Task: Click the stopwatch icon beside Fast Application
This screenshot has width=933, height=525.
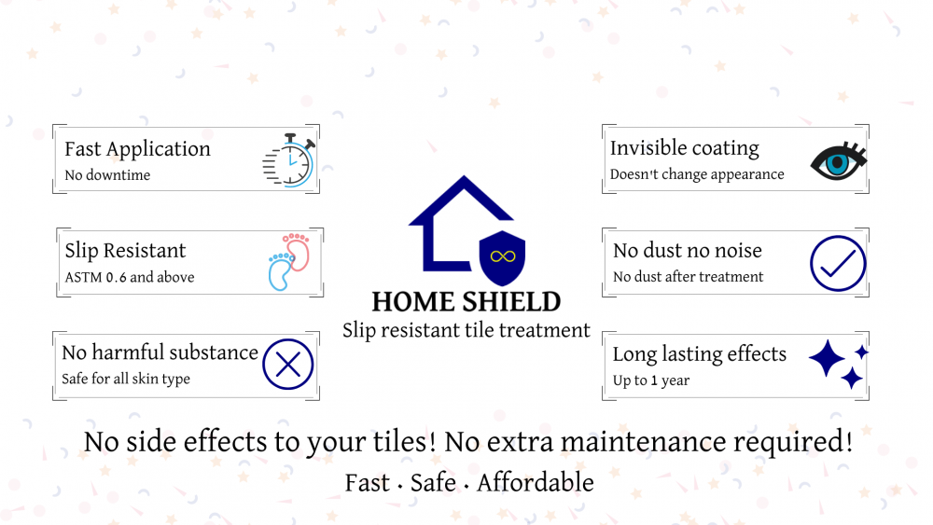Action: pos(289,160)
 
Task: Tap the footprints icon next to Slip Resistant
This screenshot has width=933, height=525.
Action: pos(289,262)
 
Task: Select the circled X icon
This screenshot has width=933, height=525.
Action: pos(288,365)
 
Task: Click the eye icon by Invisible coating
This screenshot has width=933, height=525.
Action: pos(839,161)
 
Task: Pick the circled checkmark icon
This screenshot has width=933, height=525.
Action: pos(838,263)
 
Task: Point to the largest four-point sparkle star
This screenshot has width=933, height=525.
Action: pos(827,358)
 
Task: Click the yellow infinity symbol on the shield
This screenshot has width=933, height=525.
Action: pos(503,256)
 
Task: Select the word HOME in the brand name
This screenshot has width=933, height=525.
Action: pos(414,302)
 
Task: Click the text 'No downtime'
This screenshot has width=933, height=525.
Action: pos(107,174)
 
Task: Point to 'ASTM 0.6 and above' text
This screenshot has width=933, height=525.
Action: pos(130,277)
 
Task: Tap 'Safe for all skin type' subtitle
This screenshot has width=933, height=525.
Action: pos(126,379)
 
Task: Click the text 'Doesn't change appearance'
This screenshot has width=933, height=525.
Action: pos(697,174)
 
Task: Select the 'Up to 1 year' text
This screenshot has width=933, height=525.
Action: pos(651,380)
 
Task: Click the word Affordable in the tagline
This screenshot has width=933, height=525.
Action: pos(536,482)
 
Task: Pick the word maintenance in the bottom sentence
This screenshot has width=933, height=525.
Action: pos(643,442)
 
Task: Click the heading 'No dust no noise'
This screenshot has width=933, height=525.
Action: pos(688,250)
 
